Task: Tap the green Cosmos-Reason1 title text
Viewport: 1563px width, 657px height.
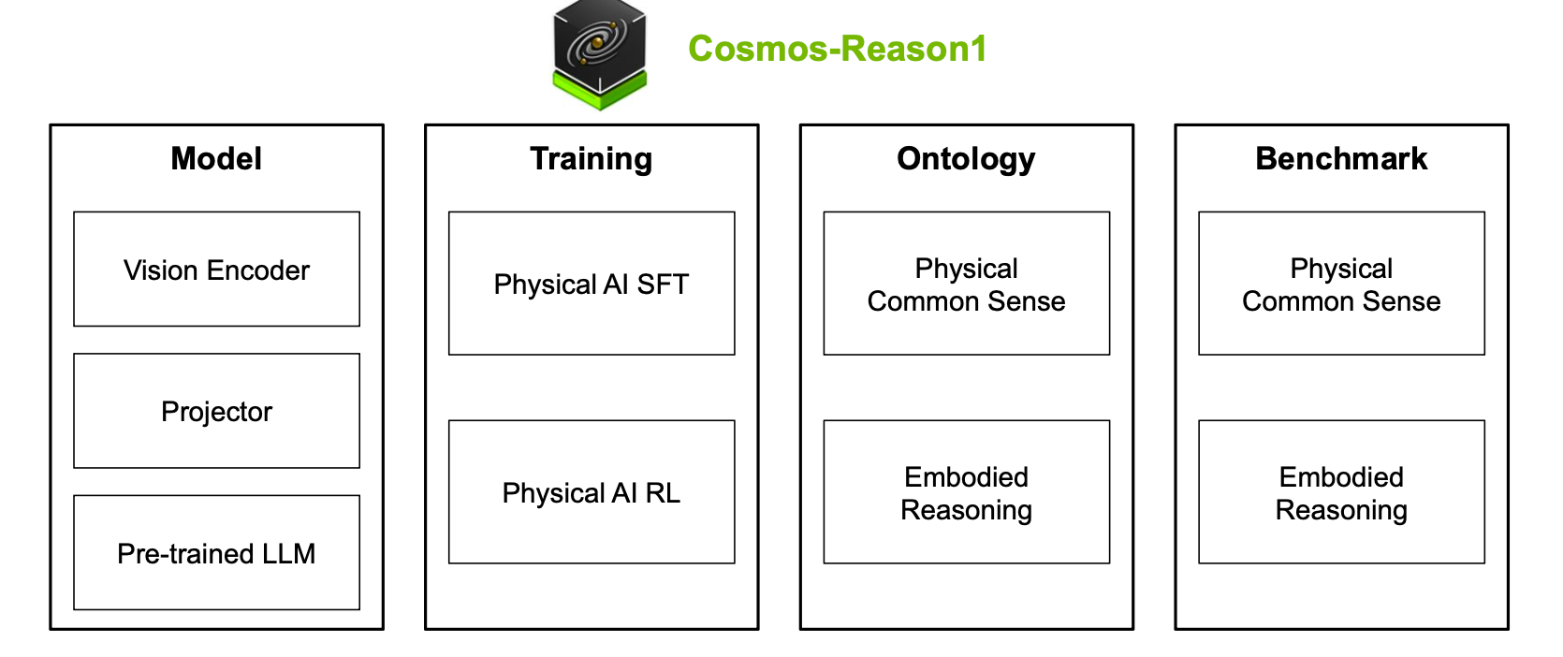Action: click(x=837, y=49)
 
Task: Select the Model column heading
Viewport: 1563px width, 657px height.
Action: click(x=216, y=159)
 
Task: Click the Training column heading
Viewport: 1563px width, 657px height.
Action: click(x=592, y=159)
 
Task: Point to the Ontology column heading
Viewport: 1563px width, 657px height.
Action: click(x=966, y=159)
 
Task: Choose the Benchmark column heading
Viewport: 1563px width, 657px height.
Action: click(x=1341, y=159)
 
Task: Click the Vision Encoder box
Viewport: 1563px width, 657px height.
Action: click(x=216, y=270)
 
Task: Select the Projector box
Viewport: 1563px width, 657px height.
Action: click(x=216, y=412)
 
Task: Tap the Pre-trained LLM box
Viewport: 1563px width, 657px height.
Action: click(x=216, y=553)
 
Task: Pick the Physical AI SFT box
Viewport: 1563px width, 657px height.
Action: click(x=592, y=284)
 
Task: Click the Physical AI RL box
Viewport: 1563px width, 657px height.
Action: click(x=592, y=492)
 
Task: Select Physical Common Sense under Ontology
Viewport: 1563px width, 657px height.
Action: click(x=966, y=285)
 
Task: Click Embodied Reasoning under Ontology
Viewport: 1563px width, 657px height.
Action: click(x=966, y=492)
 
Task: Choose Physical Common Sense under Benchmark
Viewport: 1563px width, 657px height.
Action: click(x=1341, y=285)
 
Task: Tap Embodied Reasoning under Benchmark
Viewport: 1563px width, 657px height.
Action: click(x=1341, y=492)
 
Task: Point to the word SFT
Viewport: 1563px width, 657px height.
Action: click(x=663, y=285)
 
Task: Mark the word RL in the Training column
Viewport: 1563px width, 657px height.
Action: click(x=663, y=493)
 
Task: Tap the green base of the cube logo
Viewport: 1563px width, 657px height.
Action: click(x=599, y=95)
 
